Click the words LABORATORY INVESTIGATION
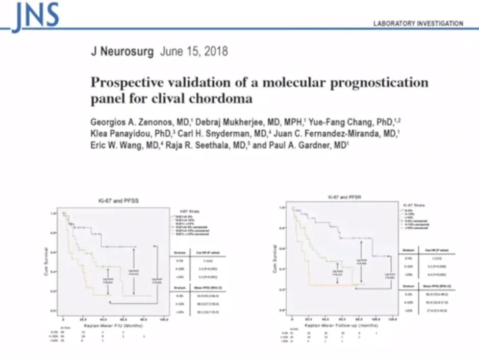(x=418, y=23)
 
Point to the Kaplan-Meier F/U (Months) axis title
(x=112, y=325)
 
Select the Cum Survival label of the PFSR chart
(x=275, y=258)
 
